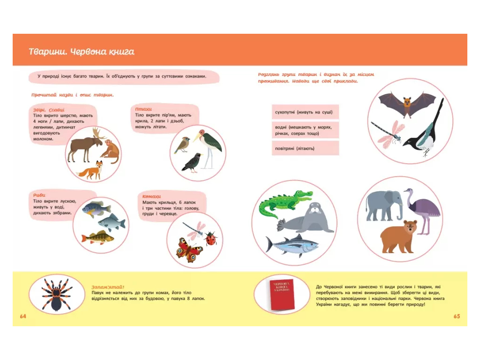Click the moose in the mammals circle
[x=85, y=144]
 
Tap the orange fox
[x=90, y=170]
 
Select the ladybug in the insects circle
[x=211, y=238]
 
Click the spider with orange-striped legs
[x=57, y=294]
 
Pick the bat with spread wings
[x=407, y=104]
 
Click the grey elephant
[x=384, y=205]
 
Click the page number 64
[x=23, y=316]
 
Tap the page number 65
[x=457, y=316]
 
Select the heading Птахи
[x=143, y=109]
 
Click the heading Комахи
[x=151, y=196]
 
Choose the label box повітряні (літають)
[x=305, y=148]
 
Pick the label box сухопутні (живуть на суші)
[x=305, y=112]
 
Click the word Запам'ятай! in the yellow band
[x=108, y=287]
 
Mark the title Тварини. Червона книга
[x=82, y=52]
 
